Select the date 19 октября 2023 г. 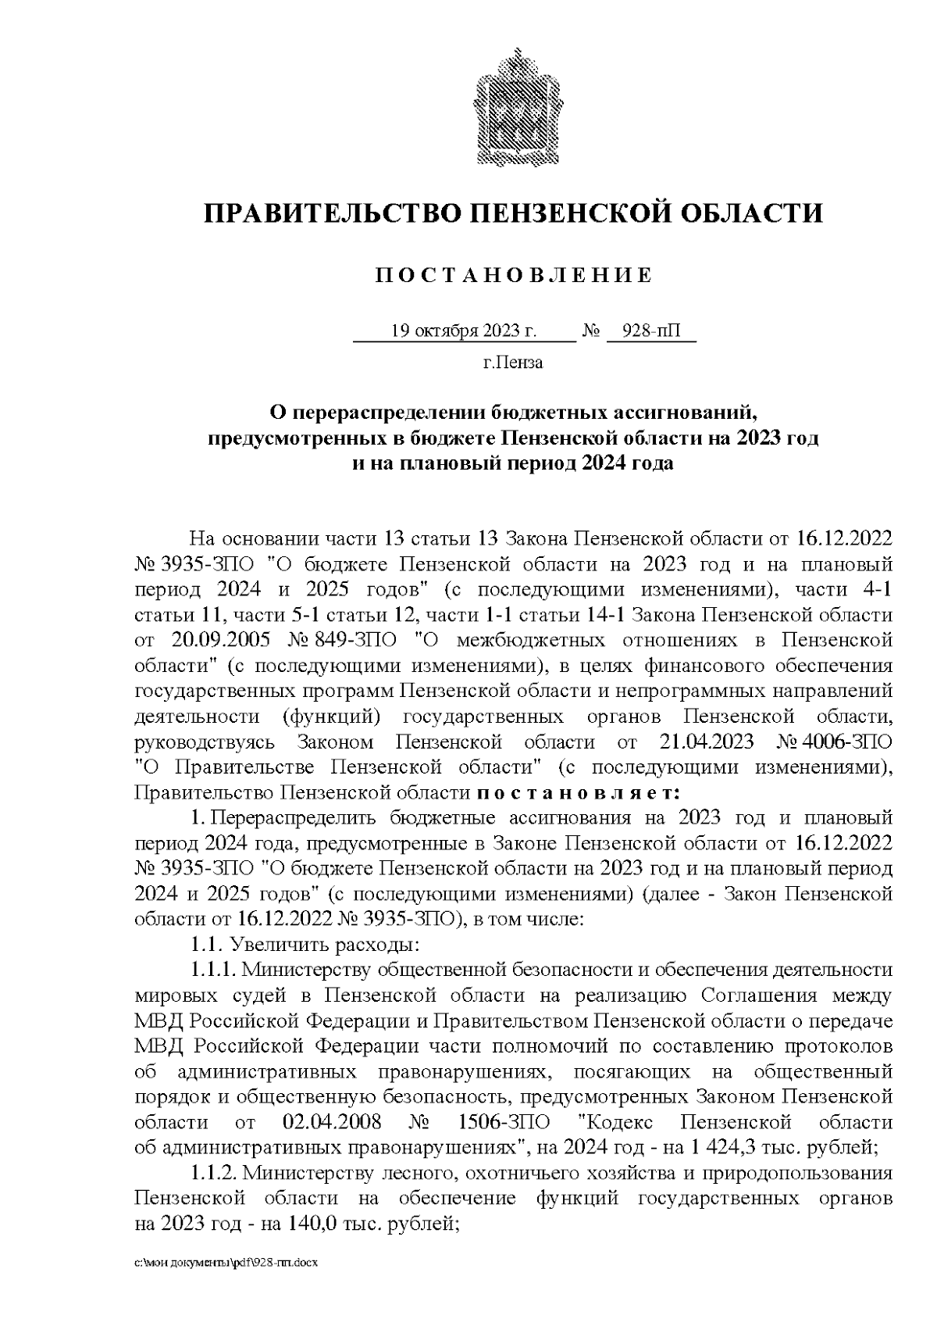[x=463, y=331]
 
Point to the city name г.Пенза [x=513, y=363]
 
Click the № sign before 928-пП [x=591, y=331]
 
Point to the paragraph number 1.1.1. [x=213, y=970]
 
